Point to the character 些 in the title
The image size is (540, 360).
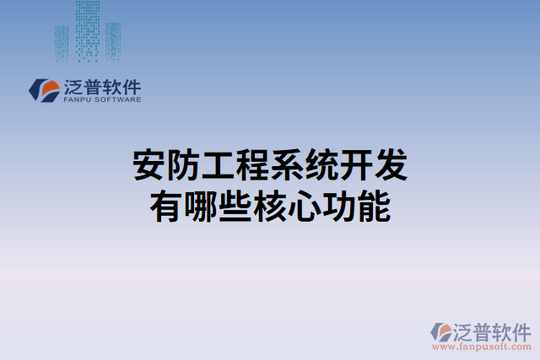[x=235, y=207]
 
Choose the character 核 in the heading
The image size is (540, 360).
[x=270, y=207]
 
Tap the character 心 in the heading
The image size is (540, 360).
[x=305, y=207]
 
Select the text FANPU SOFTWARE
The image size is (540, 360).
[x=101, y=99]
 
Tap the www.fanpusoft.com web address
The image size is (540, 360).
[x=481, y=346]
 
